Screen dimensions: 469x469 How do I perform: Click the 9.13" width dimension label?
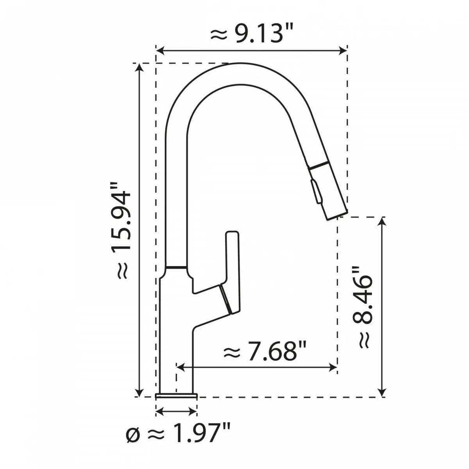(x=252, y=35)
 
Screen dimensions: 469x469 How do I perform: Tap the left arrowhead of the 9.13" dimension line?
(x=159, y=50)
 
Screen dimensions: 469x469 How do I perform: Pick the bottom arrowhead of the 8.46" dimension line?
(x=383, y=393)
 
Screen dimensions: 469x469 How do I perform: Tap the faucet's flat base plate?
(x=176, y=396)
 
